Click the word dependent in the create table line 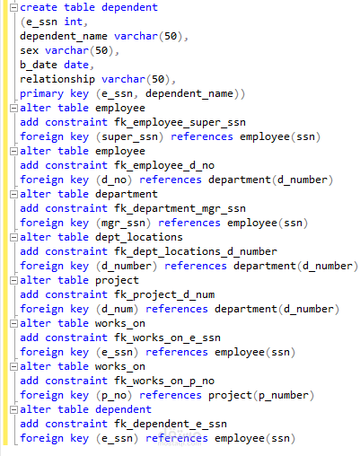(129, 7)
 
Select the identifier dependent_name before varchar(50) (64, 36)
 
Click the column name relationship (57, 79)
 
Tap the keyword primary (41, 94)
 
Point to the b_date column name (39, 65)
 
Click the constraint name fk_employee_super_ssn (180, 122)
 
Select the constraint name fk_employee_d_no (164, 165)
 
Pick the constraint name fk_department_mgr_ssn (180, 208)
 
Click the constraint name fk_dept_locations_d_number (196, 251)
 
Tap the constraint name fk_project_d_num (164, 294)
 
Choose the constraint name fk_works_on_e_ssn (167, 338)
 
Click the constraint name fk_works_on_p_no (164, 381)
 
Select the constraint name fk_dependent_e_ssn (171, 424)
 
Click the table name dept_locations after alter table (139, 237)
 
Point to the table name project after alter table (117, 281)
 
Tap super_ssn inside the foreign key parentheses (129, 137)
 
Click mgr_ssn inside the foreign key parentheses (123, 224)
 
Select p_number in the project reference (284, 396)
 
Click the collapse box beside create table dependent (13, 8)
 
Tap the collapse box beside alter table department (13, 195)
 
